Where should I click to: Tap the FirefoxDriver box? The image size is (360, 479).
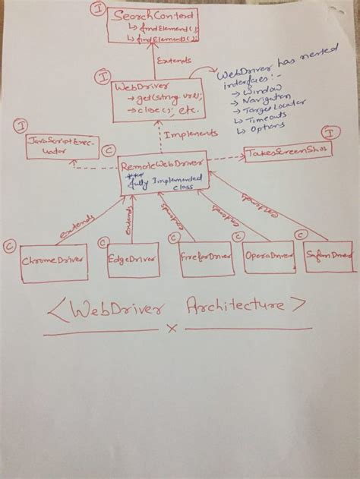coord(204,257)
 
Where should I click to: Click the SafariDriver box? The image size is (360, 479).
coord(330,256)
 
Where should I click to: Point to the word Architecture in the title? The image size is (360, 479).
coord(232,307)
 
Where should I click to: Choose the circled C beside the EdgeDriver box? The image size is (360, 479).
coord(105,242)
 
